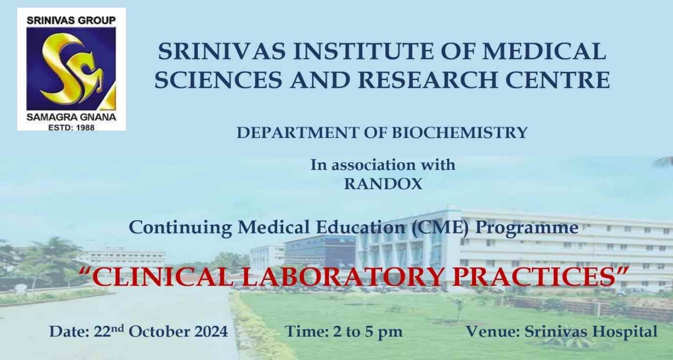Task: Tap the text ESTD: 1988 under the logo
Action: [x=71, y=127]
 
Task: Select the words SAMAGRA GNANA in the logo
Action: [x=71, y=117]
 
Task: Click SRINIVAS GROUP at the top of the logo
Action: [x=71, y=21]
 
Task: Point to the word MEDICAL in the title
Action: [x=544, y=51]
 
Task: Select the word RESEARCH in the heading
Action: [x=427, y=80]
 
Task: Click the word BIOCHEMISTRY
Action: [x=460, y=132]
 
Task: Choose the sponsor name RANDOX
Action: [x=383, y=184]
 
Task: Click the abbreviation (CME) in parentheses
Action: [x=441, y=228]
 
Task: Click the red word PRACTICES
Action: [x=534, y=277]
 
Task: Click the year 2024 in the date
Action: [x=211, y=332]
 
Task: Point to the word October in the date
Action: [x=159, y=332]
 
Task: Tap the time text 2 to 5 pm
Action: [x=368, y=332]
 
